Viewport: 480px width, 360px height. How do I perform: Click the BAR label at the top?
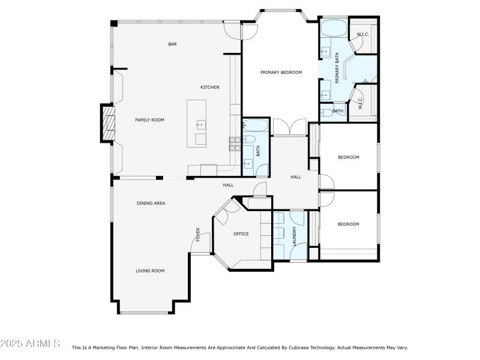172,44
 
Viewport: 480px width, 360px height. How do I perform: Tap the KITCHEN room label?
210,88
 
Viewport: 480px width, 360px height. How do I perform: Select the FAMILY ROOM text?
149,120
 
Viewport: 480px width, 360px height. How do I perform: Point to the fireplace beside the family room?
107,122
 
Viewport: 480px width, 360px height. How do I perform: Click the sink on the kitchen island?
200,125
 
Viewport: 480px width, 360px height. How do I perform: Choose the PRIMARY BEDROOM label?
281,73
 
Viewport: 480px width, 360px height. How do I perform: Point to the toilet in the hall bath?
250,139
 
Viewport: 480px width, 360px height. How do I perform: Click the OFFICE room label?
241,234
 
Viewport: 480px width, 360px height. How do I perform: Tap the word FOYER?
197,234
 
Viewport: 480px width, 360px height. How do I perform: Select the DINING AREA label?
151,203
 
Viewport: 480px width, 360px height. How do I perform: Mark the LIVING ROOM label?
149,271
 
